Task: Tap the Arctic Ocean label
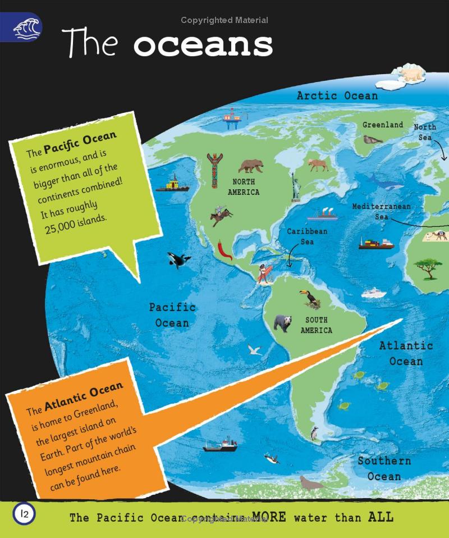(337, 95)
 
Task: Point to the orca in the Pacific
(178, 259)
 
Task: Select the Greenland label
(382, 125)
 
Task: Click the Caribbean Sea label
(307, 236)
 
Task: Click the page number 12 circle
(24, 513)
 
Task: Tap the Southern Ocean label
(384, 468)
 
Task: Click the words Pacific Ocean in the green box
(80, 143)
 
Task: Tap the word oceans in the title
(203, 44)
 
